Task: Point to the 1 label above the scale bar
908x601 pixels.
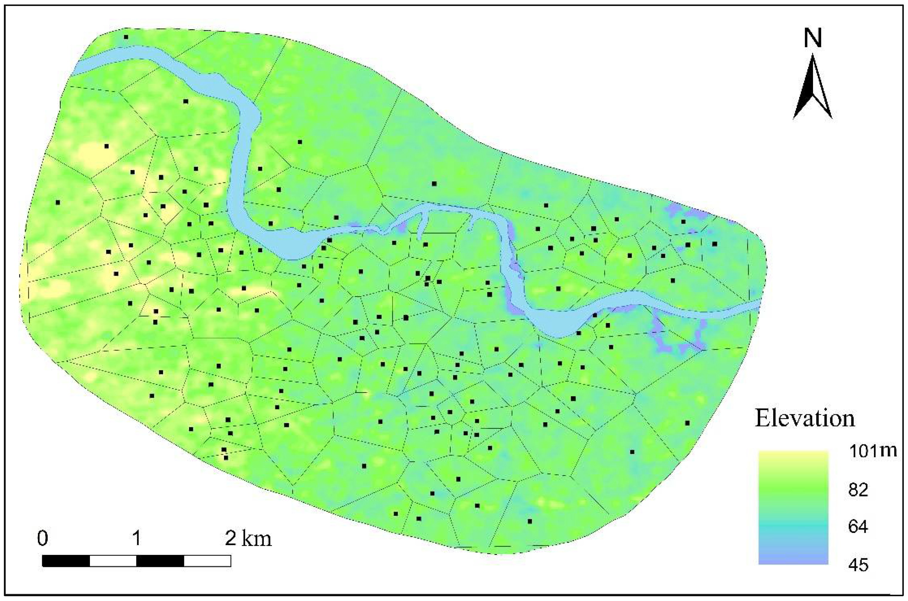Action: tap(136, 539)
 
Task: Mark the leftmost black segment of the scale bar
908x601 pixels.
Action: tap(66, 561)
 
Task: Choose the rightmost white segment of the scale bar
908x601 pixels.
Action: tap(207, 561)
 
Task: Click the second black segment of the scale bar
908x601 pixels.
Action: tap(160, 561)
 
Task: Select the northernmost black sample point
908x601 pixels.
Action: tap(126, 37)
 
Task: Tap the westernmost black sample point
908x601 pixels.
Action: tap(58, 202)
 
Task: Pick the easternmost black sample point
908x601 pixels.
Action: tap(715, 244)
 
